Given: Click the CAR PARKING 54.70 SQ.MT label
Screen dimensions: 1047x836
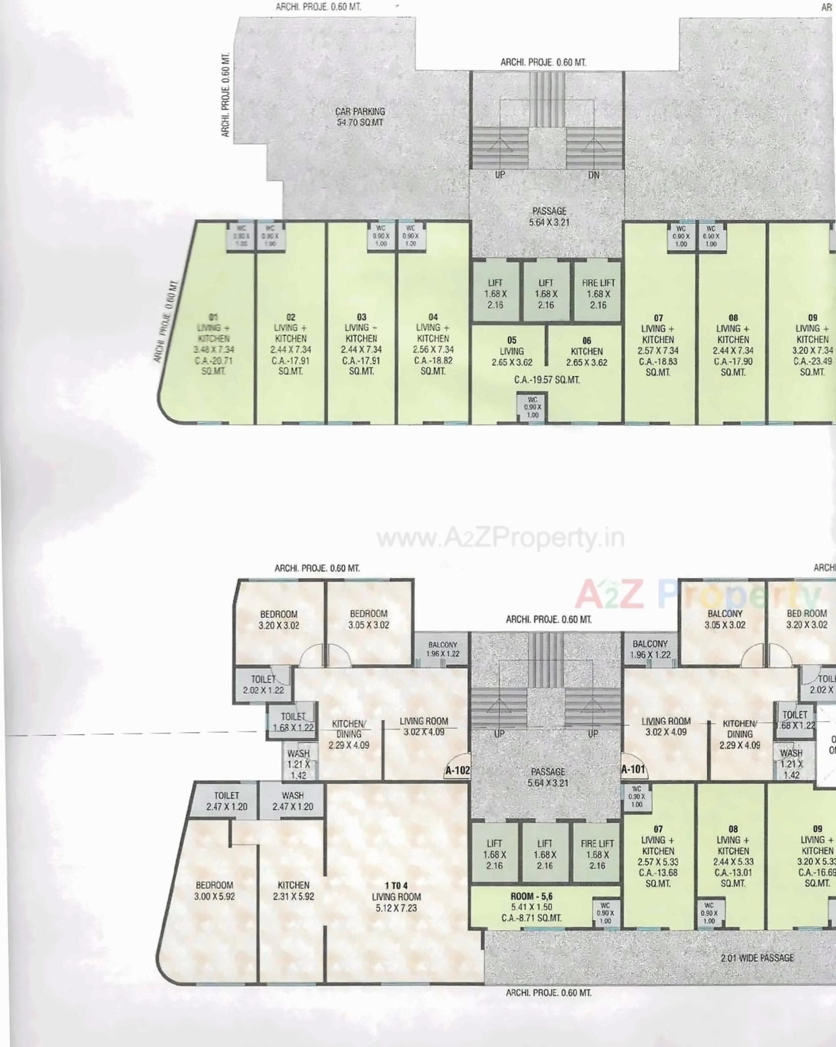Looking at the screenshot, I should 360,117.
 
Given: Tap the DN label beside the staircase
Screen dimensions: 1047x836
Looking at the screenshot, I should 593,175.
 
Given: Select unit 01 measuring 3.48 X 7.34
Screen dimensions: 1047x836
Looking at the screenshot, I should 213,343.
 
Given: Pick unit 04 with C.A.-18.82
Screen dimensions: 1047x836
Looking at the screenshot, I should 433,343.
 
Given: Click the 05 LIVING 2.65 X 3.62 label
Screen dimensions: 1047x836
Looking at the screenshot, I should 512,351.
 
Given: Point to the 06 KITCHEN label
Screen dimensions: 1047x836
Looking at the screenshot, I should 586,346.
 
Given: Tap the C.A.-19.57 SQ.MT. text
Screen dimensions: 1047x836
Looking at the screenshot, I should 546,380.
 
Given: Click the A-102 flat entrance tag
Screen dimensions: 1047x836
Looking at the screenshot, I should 457,770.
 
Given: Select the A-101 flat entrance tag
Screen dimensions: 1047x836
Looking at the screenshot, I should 633,769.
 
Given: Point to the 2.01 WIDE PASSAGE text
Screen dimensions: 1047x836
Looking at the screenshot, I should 757,958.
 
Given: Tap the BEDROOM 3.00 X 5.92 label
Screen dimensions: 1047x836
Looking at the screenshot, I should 214,890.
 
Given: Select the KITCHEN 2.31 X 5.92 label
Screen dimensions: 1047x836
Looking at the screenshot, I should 293,890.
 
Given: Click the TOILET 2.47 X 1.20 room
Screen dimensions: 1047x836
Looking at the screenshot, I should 226,801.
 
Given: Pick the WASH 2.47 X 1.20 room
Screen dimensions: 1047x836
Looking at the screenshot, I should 293,801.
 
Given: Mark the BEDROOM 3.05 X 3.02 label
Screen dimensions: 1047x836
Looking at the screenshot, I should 368,619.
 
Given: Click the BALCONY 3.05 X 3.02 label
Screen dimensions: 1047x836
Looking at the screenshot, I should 725,619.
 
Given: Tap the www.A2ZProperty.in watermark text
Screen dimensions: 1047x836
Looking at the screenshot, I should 500,538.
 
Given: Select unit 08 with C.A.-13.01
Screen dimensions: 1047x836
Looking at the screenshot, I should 733,856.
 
